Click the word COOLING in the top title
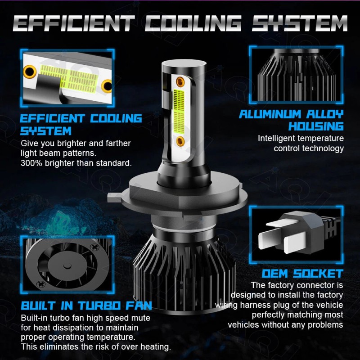coord(194,23)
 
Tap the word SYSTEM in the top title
coord(299,23)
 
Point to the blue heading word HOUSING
coord(316,126)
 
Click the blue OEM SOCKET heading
coord(302,274)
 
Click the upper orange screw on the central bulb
coord(181,81)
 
